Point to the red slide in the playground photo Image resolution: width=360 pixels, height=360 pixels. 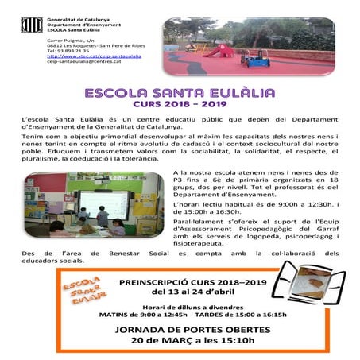coord(224,51)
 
